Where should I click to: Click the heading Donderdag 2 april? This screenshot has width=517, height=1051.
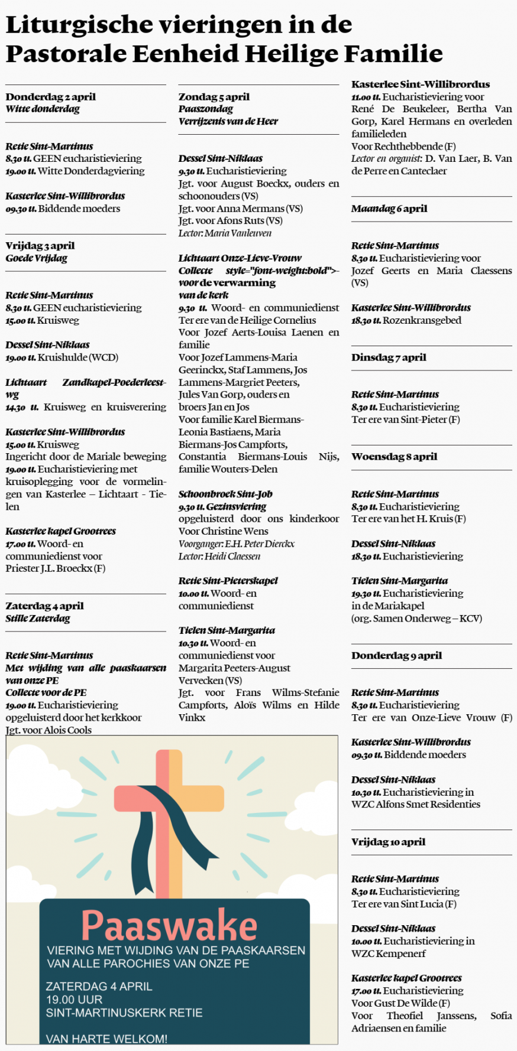(50, 97)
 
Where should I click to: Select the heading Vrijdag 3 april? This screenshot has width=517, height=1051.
(40, 246)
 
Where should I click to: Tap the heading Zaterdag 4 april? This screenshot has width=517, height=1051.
(44, 606)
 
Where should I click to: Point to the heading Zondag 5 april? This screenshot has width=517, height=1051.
(214, 97)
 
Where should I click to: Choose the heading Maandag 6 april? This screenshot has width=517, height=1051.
(389, 209)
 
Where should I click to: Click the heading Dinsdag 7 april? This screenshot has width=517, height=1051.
(388, 357)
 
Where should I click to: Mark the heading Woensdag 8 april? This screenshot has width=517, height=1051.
(394, 457)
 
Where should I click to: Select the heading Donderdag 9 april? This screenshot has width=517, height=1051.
(396, 655)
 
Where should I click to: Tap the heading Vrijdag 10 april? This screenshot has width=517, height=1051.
(388, 842)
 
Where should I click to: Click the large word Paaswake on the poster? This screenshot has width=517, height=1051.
(169, 925)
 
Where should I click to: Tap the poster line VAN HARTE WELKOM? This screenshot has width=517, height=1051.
(106, 1039)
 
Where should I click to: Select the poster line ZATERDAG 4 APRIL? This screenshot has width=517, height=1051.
(99, 987)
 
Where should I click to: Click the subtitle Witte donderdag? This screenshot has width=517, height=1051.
(43, 109)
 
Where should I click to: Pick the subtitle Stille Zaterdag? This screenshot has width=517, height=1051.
(38, 619)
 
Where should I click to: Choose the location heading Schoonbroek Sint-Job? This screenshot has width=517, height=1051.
(225, 494)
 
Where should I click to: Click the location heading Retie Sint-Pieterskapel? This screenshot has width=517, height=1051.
(228, 581)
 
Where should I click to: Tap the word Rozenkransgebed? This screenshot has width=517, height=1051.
(422, 320)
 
